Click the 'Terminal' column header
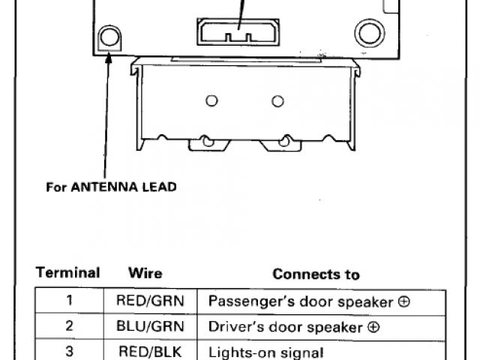pyautogui.click(x=68, y=273)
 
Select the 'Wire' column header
pyautogui.click(x=145, y=273)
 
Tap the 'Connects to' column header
pyautogui.click(x=316, y=274)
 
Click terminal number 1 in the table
pyautogui.click(x=68, y=301)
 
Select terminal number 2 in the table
pyautogui.click(x=68, y=327)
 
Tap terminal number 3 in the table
pyautogui.click(x=68, y=351)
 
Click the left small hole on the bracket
pyautogui.click(x=211, y=101)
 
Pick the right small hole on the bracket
pyautogui.click(x=278, y=100)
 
